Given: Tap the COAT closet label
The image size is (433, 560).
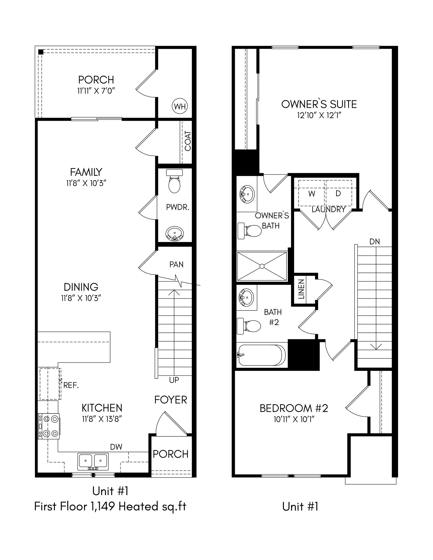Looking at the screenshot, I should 188,141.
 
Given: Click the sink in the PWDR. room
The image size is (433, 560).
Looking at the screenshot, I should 175,234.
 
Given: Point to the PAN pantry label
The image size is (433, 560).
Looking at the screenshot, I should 176,264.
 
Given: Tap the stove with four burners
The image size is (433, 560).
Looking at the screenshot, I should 49,426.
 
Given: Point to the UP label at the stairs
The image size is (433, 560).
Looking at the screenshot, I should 174,380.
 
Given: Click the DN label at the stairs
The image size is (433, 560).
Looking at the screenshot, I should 375,241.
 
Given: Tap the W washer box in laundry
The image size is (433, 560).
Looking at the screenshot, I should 312,194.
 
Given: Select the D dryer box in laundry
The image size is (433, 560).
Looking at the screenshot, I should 338,194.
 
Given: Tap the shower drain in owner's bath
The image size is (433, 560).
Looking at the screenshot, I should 262,266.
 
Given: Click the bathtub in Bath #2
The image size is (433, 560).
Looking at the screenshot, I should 262,355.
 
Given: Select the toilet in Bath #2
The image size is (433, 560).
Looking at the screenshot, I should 250,326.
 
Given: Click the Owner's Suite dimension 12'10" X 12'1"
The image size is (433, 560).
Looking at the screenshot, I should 319,115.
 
